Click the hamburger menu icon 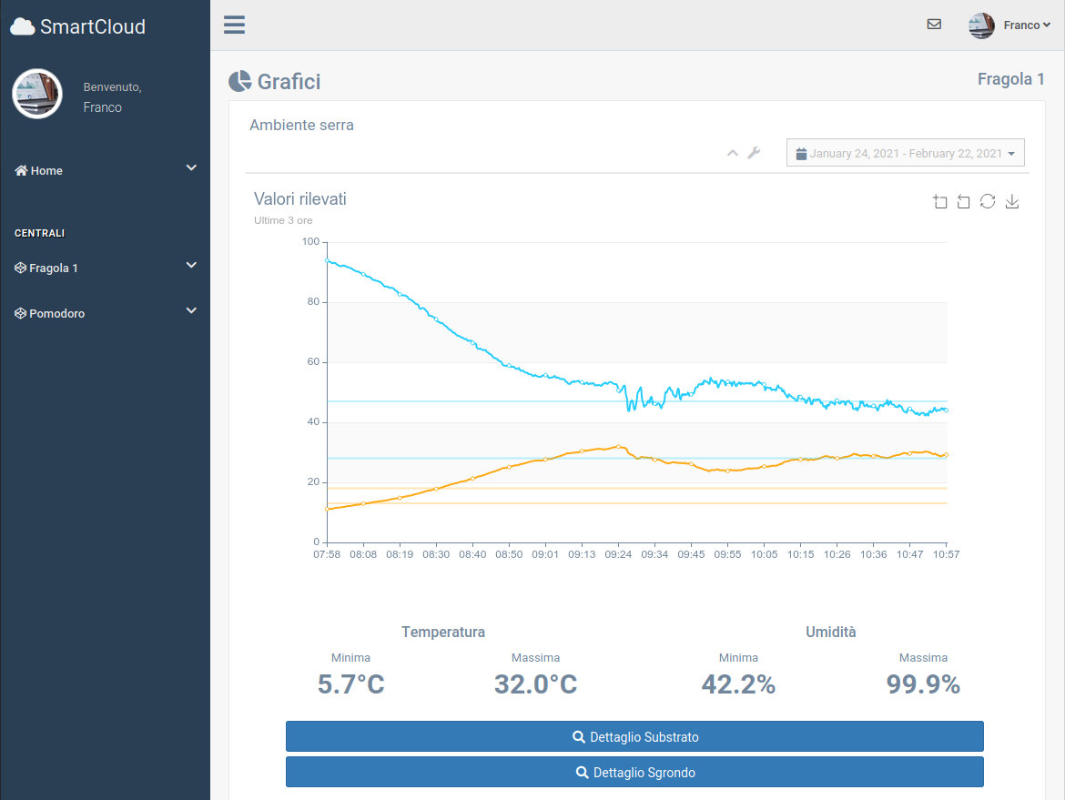point(234,25)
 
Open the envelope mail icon point(934,25)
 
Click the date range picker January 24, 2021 point(906,153)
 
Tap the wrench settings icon point(754,153)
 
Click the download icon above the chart point(1012,201)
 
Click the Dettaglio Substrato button point(634,737)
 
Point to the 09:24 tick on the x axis point(618,554)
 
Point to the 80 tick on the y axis point(313,301)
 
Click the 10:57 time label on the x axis point(946,554)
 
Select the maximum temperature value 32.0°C point(536,684)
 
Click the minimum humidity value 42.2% point(738,684)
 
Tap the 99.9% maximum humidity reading point(923,684)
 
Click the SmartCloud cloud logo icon point(23,26)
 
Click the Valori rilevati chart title point(300,199)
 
